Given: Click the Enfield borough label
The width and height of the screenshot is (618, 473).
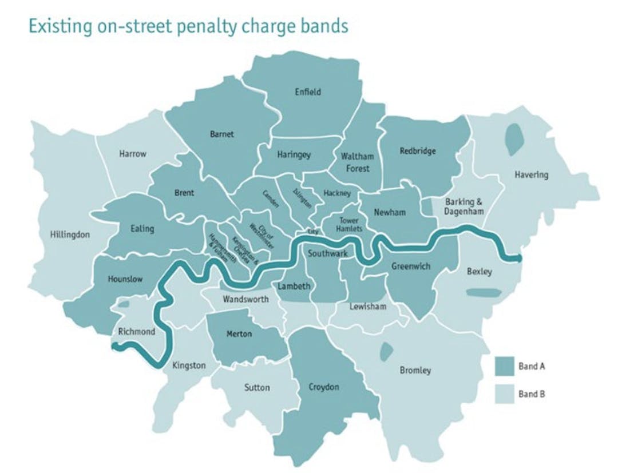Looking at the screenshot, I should pos(308,92).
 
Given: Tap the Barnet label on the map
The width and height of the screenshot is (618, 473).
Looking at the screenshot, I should pos(221,134).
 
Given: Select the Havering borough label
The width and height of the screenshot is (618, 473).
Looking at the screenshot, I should pos(530,175).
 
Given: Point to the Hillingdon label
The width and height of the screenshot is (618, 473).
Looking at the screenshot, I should pos(70,234).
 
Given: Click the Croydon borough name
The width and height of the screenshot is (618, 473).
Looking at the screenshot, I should pos(323,387).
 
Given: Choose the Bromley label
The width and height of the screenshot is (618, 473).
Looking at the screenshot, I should pos(415,371).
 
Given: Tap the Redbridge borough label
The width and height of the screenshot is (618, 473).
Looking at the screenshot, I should pos(417,152).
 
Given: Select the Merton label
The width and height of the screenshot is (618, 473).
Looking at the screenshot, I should pos(239,334).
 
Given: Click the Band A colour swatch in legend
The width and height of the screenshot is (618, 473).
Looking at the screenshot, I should pos(504,367).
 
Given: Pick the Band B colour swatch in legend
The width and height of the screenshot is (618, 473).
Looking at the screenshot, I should pos(504,394).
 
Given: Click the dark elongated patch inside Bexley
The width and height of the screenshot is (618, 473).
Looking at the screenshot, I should pos(484,293).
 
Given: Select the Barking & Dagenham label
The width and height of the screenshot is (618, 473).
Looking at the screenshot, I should pos(464,206).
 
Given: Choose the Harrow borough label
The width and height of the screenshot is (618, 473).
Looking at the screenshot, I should pos(133,154).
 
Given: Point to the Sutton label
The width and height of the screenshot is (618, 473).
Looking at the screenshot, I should pos(257,388).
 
